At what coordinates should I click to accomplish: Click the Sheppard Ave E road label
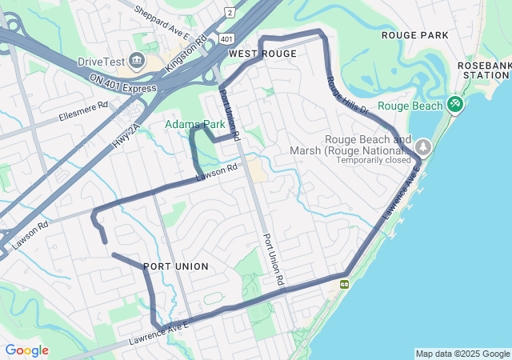pos(162,23)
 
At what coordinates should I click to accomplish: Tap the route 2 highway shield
pos(230,13)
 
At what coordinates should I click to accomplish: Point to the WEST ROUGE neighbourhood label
pos(262,54)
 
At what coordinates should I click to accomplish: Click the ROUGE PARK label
pos(414,35)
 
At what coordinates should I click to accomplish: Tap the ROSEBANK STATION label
pos(483,70)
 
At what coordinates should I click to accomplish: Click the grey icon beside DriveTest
pos(136,62)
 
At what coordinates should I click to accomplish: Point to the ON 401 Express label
pos(122,82)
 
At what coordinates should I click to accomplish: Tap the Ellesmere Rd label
pos(83,113)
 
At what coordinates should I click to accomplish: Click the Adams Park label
pos(195,125)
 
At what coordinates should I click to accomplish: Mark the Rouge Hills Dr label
pos(347,95)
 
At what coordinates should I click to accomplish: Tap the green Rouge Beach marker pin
pos(455,104)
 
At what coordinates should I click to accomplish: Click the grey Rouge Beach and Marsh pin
pos(422,147)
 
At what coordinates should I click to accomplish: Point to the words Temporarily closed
pos(373,160)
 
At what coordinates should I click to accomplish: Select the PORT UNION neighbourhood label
pos(176,266)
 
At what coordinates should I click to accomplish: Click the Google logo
pos(26,350)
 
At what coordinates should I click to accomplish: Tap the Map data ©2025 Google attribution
pos(462,354)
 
